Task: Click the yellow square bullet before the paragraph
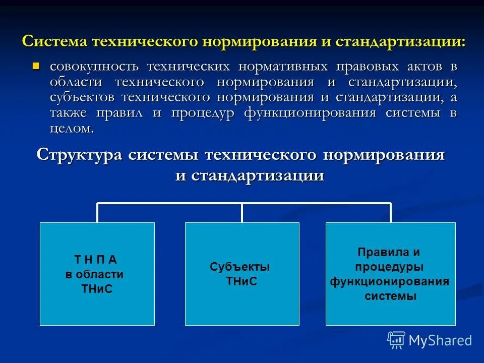tap(36, 66)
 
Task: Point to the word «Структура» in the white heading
tap(80, 155)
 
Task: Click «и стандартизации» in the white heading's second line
tap(250, 175)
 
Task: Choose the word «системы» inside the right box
tap(390, 296)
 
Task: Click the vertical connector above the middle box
tap(242, 213)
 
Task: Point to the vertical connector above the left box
tap(97, 213)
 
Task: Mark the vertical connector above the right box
tap(390, 213)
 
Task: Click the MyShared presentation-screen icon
tap(396, 340)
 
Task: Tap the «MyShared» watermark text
tap(440, 341)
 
